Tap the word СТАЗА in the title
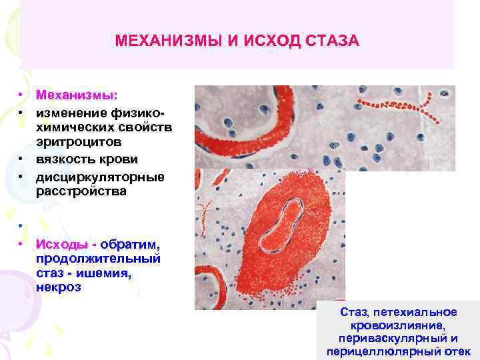(x=331, y=41)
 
